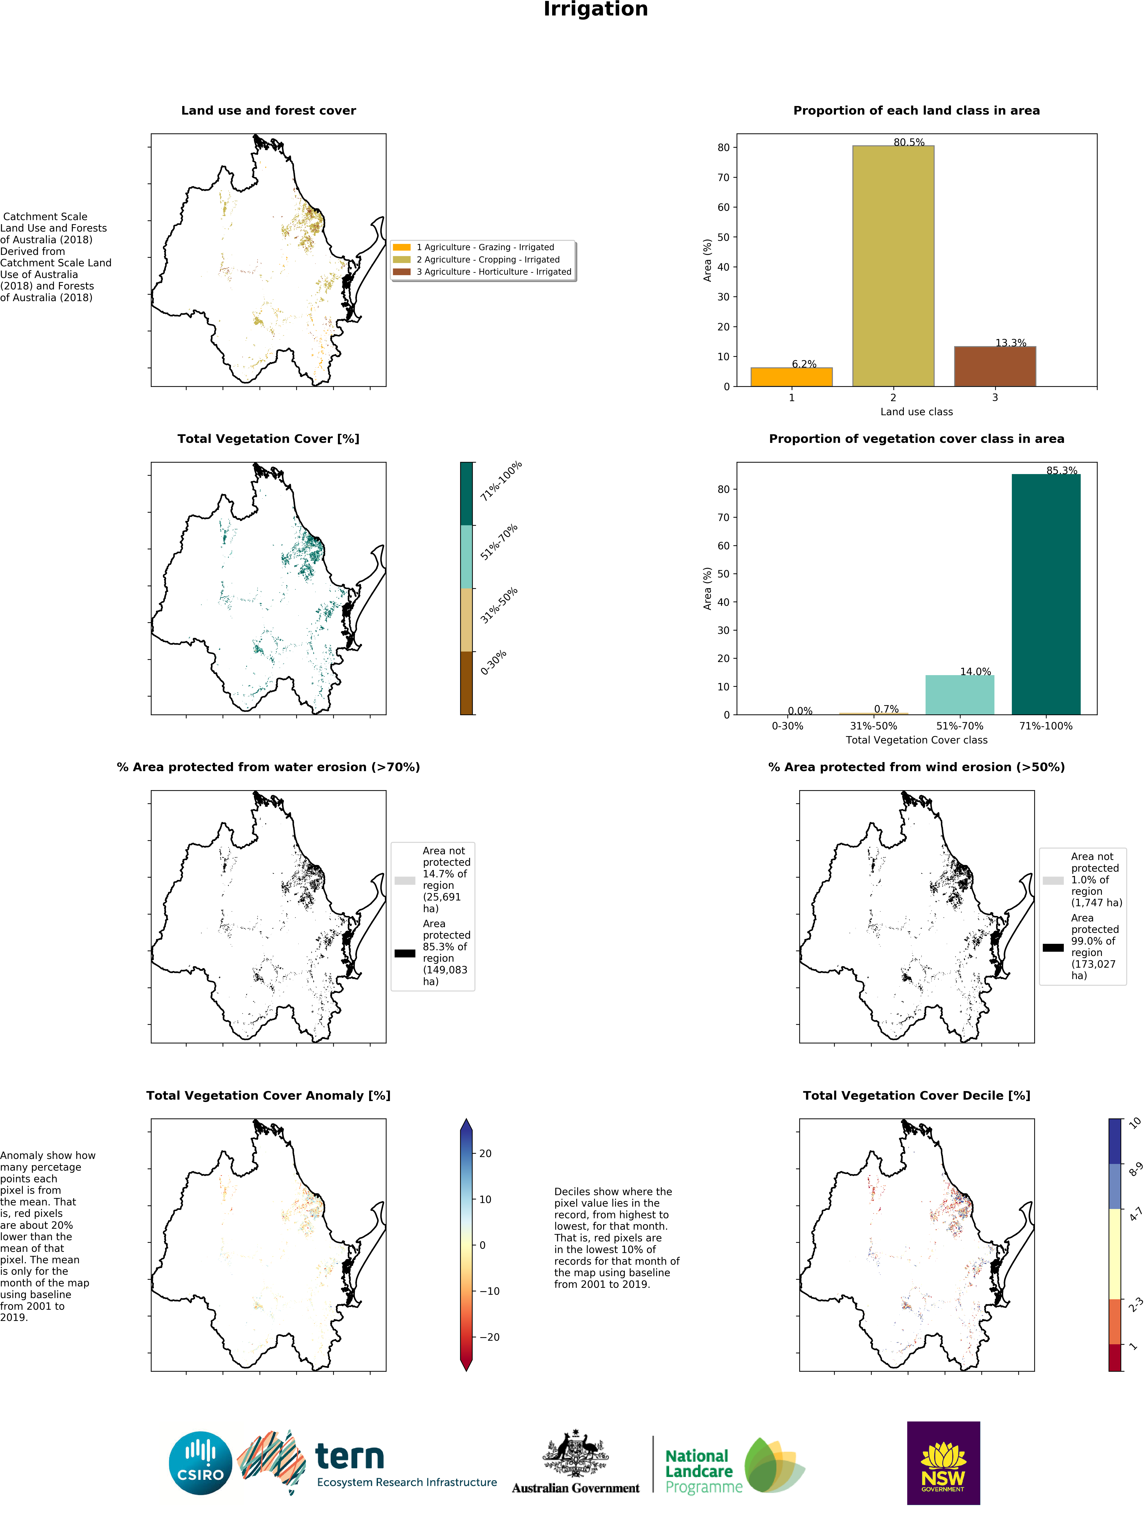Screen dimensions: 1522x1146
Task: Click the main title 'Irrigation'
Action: point(595,10)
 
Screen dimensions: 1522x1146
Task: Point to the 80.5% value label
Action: point(909,142)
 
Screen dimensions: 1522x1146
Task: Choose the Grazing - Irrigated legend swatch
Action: point(402,247)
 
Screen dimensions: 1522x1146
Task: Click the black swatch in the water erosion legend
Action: point(405,953)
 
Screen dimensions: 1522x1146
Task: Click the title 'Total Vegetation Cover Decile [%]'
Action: point(916,1095)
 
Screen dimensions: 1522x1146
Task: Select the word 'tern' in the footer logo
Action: point(350,1457)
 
